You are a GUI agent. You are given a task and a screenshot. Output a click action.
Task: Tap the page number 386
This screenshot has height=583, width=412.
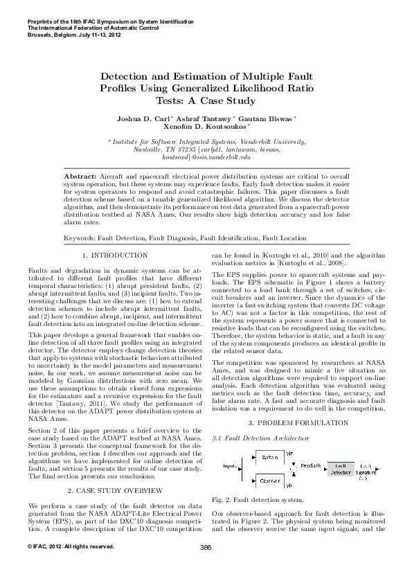click(205, 548)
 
